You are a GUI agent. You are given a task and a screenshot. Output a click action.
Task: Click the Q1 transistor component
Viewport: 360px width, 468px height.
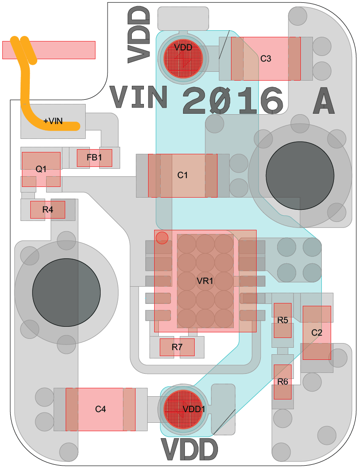click(x=41, y=169)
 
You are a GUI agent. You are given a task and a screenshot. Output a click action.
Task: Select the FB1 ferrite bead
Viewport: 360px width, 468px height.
click(x=94, y=158)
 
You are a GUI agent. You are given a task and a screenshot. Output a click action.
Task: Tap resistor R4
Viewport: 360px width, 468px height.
click(x=48, y=210)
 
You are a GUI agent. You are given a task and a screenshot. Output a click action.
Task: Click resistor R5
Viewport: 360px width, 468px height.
click(x=282, y=320)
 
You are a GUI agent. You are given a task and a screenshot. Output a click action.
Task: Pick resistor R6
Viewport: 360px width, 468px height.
click(x=283, y=382)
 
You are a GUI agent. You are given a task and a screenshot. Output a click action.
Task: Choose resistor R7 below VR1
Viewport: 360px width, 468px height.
click(x=177, y=347)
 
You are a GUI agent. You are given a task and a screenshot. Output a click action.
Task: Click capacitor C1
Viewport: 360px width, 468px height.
click(x=183, y=175)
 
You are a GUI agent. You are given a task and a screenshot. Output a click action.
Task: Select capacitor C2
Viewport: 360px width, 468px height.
click(x=317, y=332)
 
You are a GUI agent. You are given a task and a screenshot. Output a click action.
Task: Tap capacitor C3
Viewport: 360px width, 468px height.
click(x=266, y=59)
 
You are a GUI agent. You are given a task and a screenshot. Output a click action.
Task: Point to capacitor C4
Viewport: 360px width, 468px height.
click(x=101, y=409)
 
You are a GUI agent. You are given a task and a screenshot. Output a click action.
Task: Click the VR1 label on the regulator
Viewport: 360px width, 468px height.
click(x=205, y=281)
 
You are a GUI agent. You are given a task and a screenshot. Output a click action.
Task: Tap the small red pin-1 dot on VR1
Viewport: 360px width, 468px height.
click(x=162, y=238)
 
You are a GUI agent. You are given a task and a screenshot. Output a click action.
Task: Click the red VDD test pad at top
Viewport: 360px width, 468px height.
click(x=183, y=58)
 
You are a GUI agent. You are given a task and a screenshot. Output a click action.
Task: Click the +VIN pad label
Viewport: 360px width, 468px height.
click(x=53, y=121)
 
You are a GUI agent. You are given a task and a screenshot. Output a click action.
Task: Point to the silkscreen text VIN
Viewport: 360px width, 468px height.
click(x=139, y=98)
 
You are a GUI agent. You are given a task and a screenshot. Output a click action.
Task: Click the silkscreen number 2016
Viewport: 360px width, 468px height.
click(x=233, y=100)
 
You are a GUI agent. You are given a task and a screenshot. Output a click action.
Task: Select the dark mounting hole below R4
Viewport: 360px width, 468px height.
click(x=67, y=292)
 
